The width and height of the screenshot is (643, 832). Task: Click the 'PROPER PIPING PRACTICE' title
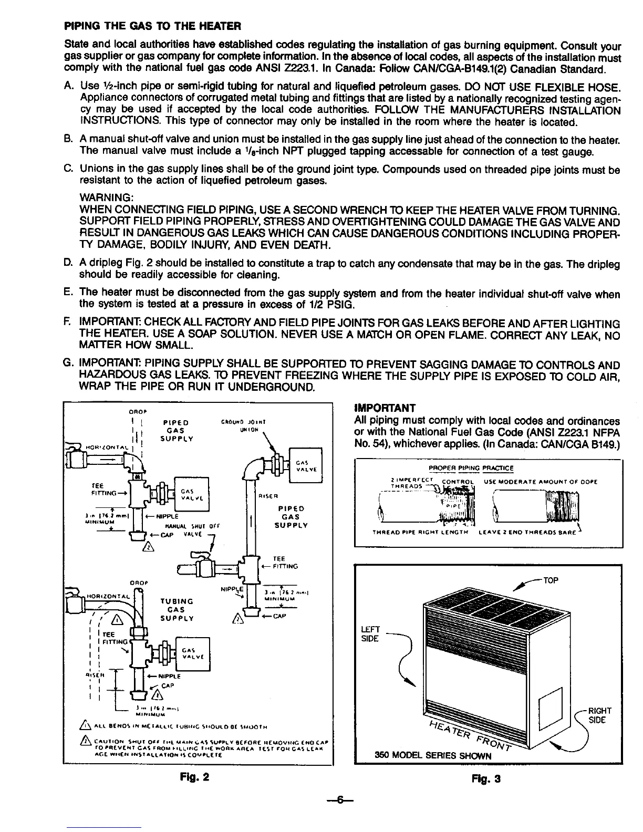pyautogui.click(x=471, y=468)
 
